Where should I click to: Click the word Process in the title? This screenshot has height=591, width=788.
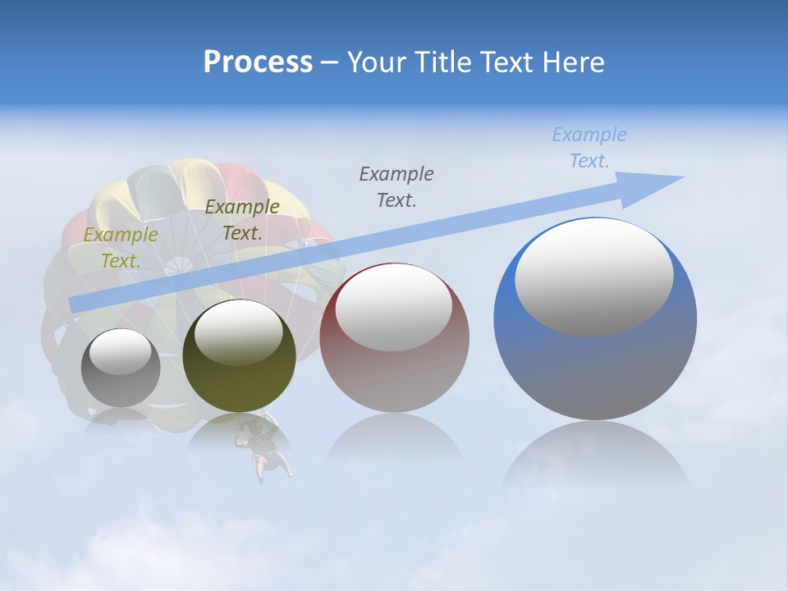click(258, 62)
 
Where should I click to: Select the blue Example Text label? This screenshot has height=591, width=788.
click(589, 148)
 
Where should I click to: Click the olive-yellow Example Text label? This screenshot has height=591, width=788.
click(121, 248)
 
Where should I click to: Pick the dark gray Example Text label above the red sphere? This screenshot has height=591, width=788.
click(396, 186)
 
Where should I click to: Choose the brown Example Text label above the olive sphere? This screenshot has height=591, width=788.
click(242, 220)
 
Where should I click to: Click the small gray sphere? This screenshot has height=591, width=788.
click(121, 368)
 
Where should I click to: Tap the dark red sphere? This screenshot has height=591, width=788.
click(395, 337)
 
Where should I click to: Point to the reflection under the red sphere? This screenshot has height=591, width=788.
click(394, 439)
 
